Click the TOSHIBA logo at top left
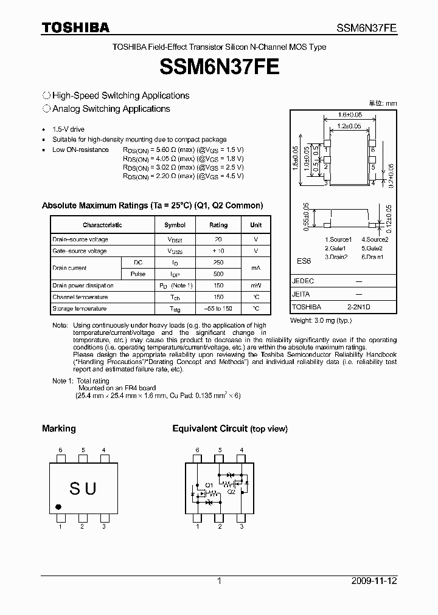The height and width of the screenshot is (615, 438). [75, 27]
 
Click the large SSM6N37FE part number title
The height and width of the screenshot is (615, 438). [219, 66]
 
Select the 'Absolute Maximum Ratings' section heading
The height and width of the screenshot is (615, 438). [152, 206]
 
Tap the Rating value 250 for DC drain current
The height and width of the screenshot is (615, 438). [218, 263]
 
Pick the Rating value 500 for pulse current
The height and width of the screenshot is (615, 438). [218, 274]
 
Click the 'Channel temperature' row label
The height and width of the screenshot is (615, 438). [80, 297]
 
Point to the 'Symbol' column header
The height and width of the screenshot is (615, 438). [175, 225]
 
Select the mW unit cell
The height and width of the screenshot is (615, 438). [256, 286]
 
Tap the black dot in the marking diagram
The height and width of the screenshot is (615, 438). [58, 506]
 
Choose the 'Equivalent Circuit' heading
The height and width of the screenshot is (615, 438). [210, 429]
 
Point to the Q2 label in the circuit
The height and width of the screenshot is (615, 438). [231, 492]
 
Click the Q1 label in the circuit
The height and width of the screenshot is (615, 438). [209, 484]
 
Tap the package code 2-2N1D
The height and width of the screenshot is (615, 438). [358, 307]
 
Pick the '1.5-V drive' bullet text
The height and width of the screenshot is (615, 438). [68, 129]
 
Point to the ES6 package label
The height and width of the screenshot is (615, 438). [304, 261]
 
